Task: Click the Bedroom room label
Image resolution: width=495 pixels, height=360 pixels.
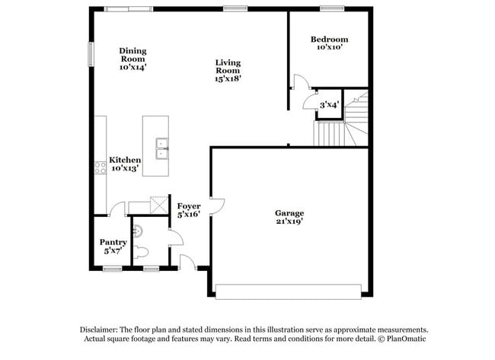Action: click(x=329, y=40)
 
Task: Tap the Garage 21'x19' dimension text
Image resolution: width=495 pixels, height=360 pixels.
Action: click(x=289, y=221)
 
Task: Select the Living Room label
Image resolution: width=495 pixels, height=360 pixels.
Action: click(x=228, y=66)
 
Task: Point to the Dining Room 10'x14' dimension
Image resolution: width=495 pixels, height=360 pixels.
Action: click(x=133, y=67)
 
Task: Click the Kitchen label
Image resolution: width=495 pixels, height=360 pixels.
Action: click(x=125, y=160)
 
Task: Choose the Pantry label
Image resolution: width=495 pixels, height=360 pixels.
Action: click(x=113, y=242)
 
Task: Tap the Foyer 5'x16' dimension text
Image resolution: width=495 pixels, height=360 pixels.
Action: click(x=189, y=215)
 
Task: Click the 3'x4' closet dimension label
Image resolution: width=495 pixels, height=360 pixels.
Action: click(x=329, y=105)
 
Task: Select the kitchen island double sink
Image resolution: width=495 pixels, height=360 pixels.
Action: click(x=162, y=148)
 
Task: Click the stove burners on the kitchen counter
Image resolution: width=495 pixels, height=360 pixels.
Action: click(x=101, y=167)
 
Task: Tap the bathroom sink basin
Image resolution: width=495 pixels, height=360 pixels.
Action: click(x=138, y=231)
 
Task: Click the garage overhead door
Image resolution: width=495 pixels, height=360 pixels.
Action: click(x=288, y=292)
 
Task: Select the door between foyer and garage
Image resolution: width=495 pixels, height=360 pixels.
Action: click(x=218, y=205)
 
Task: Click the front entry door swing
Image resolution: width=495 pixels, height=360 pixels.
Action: click(x=188, y=262)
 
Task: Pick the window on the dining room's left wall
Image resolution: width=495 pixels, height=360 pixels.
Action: click(x=91, y=54)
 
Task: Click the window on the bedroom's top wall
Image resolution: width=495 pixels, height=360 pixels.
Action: click(x=332, y=9)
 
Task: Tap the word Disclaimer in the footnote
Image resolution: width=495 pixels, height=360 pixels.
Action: click(x=99, y=330)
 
